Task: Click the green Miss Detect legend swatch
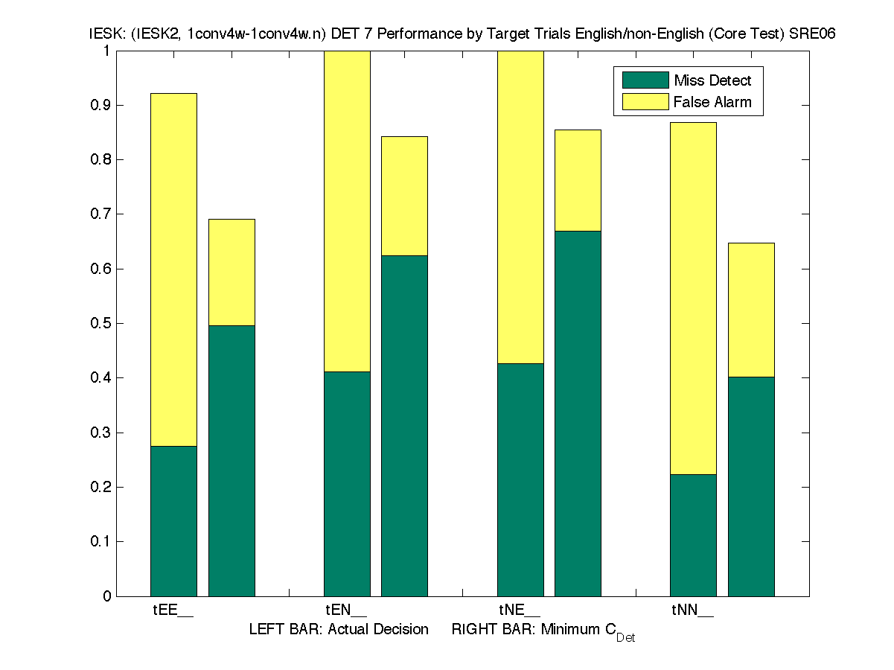click(x=645, y=80)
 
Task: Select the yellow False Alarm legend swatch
click(x=645, y=102)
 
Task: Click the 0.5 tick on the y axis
click(x=101, y=324)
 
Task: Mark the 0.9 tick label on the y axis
click(x=101, y=106)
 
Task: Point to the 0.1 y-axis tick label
click(x=101, y=542)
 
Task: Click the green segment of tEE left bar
click(x=173, y=521)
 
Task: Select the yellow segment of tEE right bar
click(x=232, y=272)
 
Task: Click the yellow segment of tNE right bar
click(x=578, y=180)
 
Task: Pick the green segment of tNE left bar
click(x=520, y=479)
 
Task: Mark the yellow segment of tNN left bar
click(x=693, y=298)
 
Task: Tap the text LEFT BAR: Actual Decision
click(x=339, y=630)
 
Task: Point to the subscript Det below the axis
click(x=625, y=638)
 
